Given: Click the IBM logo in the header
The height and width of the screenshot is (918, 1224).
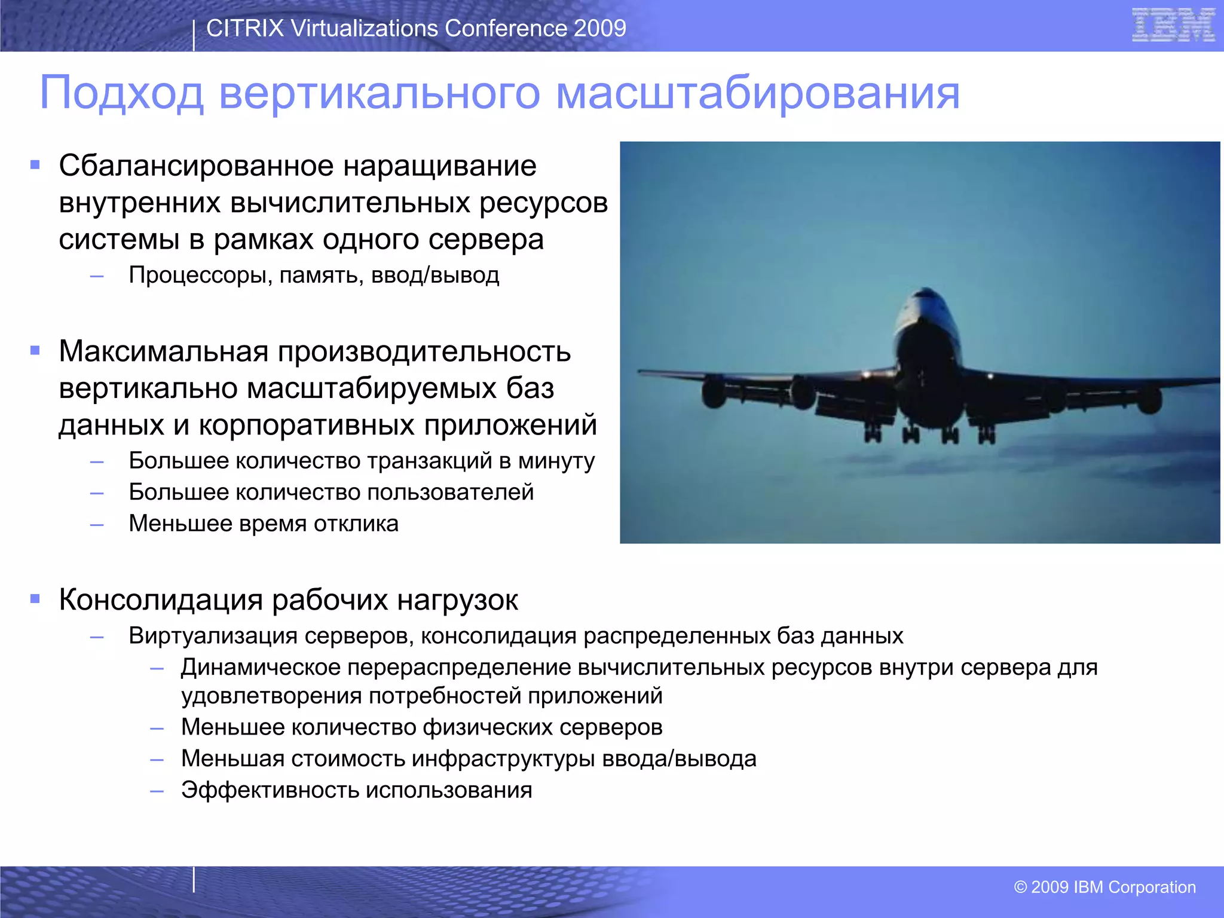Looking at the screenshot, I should click(1173, 25).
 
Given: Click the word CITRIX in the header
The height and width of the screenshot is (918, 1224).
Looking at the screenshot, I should click(244, 28).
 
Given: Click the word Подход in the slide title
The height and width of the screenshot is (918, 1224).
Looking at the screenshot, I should click(121, 93).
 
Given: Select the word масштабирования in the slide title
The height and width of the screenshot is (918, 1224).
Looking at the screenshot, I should click(757, 93).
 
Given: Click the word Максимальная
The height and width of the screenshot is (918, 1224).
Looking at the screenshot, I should click(163, 351).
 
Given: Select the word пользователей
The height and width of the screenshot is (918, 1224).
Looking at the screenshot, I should click(450, 492).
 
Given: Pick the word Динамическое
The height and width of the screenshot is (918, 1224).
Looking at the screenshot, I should click(261, 667).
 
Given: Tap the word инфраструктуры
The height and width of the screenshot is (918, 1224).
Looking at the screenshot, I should click(503, 758).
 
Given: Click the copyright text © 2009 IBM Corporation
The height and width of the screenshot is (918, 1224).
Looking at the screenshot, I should click(1104, 887).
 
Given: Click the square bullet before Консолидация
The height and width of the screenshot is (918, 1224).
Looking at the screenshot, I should click(35, 598).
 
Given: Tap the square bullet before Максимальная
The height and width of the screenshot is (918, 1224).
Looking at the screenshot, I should click(35, 351).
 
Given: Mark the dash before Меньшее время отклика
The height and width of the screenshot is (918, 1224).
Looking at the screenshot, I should click(97, 525).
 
